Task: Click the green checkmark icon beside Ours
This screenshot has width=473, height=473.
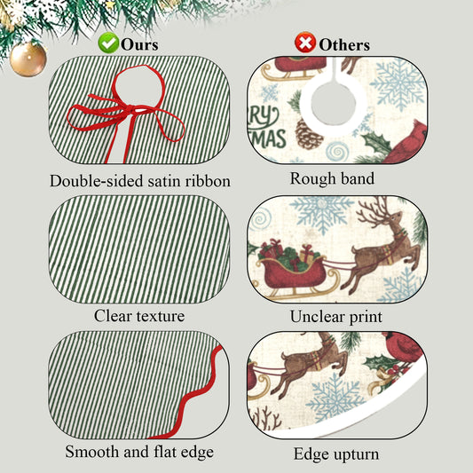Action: [108, 43]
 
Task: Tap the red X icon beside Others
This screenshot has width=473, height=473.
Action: [305, 43]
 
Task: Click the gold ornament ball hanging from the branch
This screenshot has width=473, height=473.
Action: [28, 59]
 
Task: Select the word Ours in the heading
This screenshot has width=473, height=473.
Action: [139, 44]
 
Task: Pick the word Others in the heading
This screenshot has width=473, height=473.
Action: [344, 45]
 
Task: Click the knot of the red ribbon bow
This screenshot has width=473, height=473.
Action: [130, 108]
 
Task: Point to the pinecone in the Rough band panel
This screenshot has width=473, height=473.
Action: [308, 135]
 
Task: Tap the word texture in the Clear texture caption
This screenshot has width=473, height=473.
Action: [161, 317]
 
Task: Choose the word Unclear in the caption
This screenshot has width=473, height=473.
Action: [317, 317]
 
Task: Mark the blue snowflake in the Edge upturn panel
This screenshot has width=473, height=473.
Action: [335, 398]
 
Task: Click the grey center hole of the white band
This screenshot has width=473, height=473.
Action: [334, 103]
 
